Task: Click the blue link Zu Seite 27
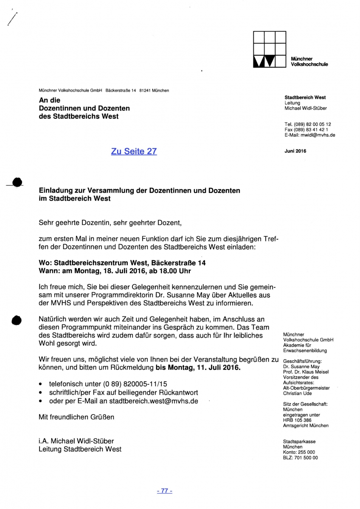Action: (x=134, y=151)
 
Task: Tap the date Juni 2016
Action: (x=295, y=151)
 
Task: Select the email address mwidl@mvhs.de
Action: (x=318, y=135)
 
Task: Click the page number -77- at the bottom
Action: (x=164, y=491)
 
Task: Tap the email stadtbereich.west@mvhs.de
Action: (x=153, y=400)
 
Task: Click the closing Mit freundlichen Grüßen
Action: (x=76, y=417)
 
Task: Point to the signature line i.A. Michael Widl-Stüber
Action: (x=76, y=441)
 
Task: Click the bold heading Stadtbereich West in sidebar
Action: (x=305, y=97)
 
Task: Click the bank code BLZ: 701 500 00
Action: (x=300, y=458)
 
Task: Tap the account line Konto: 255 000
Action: (x=299, y=452)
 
